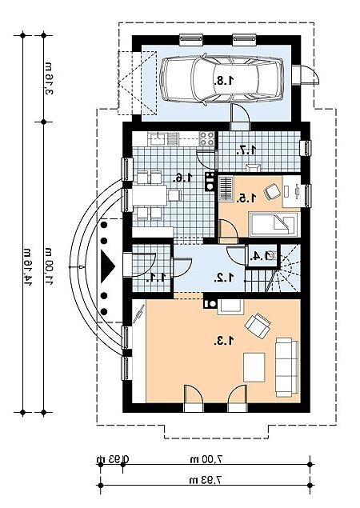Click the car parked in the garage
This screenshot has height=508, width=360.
click(222, 80)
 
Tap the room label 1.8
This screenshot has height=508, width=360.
click(223, 80)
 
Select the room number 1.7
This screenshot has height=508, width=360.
click(246, 150)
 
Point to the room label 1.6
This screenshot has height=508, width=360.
click(183, 177)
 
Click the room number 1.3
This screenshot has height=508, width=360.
click(224, 341)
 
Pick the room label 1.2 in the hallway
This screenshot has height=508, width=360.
click(224, 277)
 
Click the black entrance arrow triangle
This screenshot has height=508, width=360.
click(107, 266)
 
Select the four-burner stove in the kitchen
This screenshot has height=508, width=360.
click(206, 138)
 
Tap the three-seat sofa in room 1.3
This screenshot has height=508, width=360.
click(286, 366)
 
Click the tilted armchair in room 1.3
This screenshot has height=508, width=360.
click(258, 326)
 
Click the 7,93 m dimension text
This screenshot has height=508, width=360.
click(206, 480)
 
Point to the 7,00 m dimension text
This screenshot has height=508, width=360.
click(206, 458)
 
